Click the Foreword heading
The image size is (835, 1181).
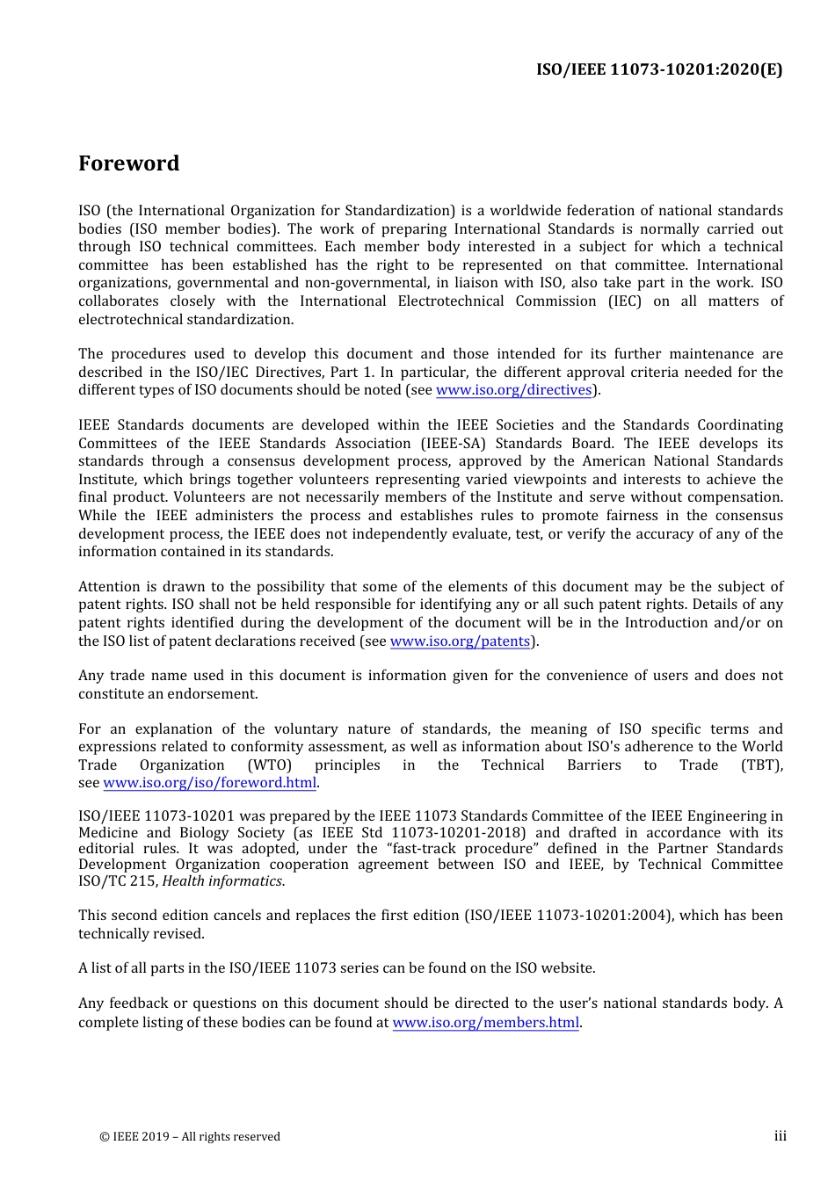128,163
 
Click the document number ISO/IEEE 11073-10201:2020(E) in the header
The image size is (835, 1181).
659,69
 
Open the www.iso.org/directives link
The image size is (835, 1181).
514,390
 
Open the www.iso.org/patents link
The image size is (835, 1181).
460,641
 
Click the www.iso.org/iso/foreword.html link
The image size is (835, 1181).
209,783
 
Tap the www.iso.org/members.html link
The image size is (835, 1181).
485,1023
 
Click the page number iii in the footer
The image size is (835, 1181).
780,1136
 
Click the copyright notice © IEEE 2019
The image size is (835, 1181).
190,1136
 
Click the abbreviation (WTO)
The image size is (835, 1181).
269,765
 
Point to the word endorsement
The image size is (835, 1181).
219,694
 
